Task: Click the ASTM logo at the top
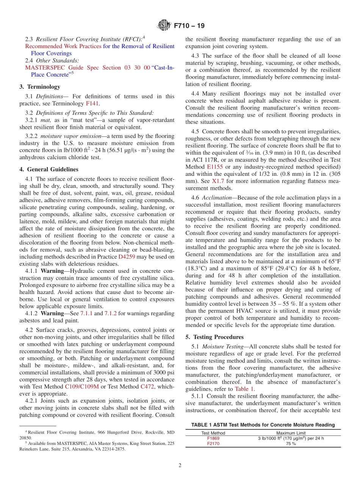164,26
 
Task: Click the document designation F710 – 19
189,26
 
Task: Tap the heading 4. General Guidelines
49,169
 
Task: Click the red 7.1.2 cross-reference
111,313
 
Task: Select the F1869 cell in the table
213,438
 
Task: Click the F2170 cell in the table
213,444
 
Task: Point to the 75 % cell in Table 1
291,444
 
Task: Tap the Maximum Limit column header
291,433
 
